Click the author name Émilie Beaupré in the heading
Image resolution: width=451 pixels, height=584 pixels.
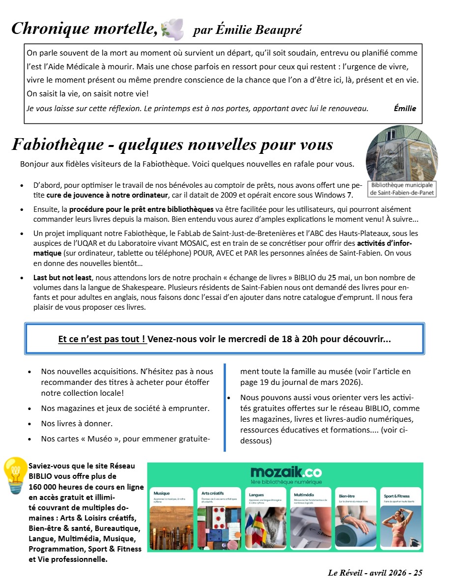tap(247, 30)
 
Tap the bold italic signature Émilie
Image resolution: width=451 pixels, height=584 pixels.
tap(405, 108)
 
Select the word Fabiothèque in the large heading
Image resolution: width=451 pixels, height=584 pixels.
tap(58, 145)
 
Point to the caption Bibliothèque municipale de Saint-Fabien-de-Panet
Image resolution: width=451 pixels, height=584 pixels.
tap(402, 189)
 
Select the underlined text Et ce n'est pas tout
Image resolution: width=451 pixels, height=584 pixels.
tap(102, 339)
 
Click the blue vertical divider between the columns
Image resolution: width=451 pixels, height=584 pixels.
tap(225, 407)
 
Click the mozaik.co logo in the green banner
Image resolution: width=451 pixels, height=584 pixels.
tap(285, 472)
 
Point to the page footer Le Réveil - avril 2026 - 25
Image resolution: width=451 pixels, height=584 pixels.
tap(375, 573)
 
